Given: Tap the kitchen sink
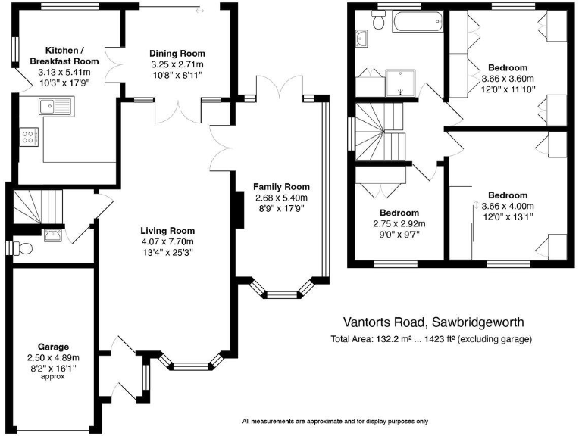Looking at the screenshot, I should click(x=56, y=106).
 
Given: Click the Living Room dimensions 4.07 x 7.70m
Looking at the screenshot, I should click(x=167, y=242).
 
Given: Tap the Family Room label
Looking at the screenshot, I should click(x=281, y=187).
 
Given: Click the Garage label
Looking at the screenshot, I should click(x=54, y=347).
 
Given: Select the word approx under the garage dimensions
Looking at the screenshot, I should click(x=54, y=376).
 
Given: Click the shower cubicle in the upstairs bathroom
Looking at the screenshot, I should click(x=401, y=83).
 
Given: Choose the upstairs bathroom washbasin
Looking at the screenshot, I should click(x=360, y=37).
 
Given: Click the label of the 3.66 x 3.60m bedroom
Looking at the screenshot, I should click(x=508, y=68).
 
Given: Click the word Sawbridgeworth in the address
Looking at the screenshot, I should click(x=482, y=322).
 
